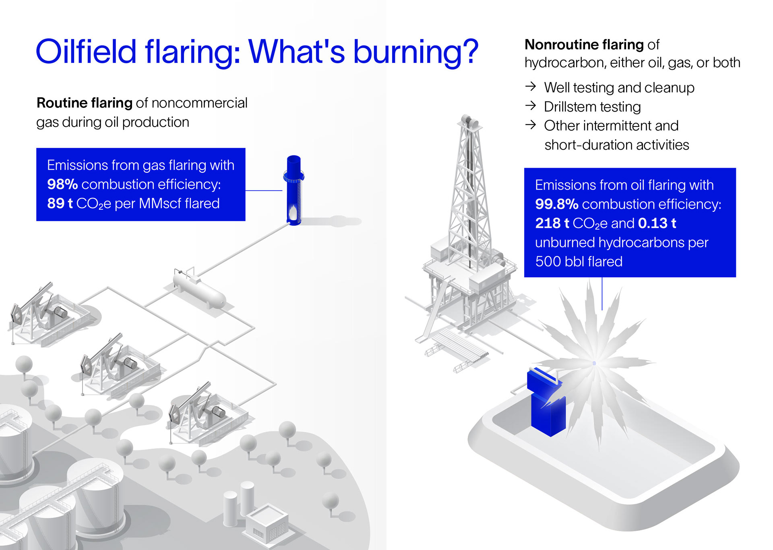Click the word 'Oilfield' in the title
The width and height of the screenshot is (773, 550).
[86, 52]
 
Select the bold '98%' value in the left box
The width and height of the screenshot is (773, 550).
[62, 184]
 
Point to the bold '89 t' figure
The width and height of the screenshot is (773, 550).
[60, 204]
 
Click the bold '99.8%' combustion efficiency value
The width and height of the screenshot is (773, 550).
[556, 204]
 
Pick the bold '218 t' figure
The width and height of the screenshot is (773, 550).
[552, 223]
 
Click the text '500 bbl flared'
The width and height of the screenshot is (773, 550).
[579, 262]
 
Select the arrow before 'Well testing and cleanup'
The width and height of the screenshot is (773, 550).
[531, 87]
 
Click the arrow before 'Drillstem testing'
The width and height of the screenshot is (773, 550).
[531, 106]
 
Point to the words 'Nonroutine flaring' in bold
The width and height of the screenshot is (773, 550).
[584, 44]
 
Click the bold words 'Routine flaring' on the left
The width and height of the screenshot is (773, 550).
[84, 103]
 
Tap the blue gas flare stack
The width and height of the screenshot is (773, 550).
[294, 189]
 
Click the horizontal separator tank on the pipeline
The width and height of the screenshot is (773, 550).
[200, 291]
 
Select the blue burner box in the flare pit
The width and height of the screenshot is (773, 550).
[548, 407]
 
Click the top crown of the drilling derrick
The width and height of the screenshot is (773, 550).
[469, 121]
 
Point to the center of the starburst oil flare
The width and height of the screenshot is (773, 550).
[594, 363]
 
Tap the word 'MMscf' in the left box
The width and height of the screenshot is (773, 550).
[159, 204]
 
